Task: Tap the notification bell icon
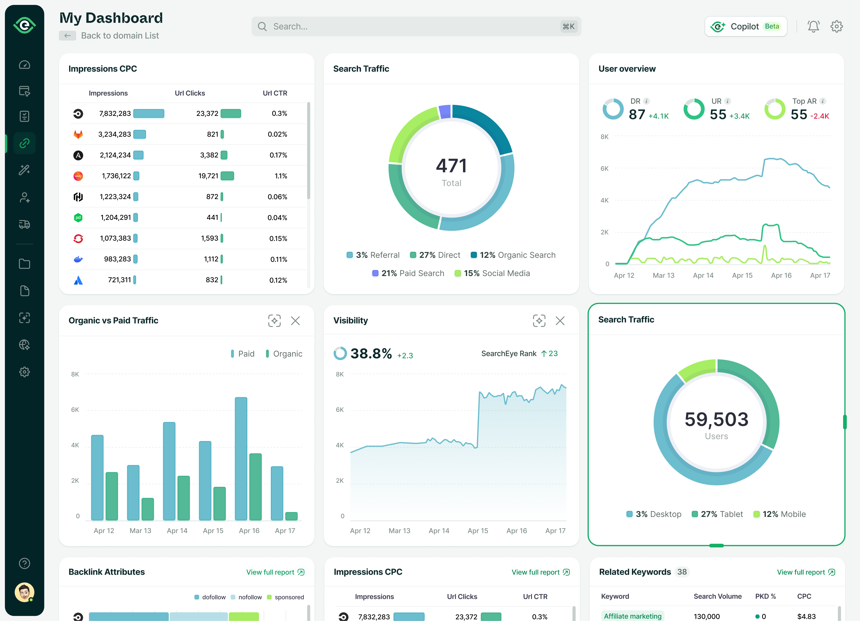coord(813,27)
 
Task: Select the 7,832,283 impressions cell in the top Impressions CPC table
coord(115,113)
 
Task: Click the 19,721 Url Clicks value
coord(208,176)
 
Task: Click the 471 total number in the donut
coord(451,166)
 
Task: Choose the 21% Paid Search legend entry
coord(408,273)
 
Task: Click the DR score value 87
coord(637,115)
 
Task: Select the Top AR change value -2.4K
coord(819,116)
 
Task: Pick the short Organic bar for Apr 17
coord(291,516)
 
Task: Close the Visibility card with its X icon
coord(560,321)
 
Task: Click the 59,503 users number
coord(716,420)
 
